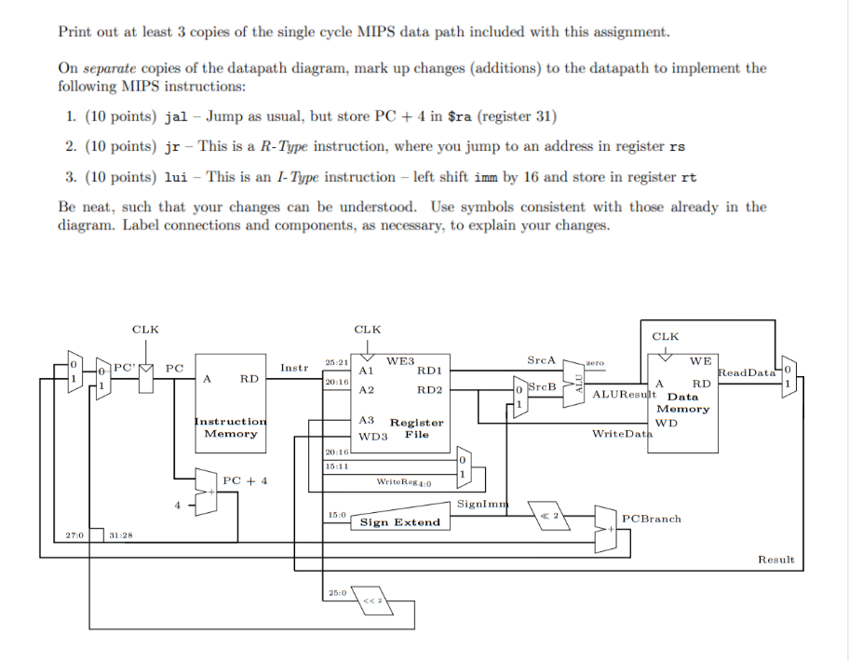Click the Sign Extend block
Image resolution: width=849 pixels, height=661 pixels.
click(399, 522)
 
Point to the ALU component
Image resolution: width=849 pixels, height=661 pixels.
click(576, 384)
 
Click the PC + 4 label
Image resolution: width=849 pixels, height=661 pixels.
click(245, 480)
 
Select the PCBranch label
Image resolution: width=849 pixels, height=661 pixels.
click(651, 519)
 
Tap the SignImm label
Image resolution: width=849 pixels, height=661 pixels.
click(480, 504)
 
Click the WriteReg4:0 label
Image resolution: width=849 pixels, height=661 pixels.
click(402, 482)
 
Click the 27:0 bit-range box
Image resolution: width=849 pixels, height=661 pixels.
click(74, 534)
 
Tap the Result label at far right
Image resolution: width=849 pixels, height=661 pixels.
click(775, 560)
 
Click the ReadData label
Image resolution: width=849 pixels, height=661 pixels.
click(748, 372)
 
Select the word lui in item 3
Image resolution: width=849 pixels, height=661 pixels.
click(176, 176)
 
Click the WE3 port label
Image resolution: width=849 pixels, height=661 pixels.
click(400, 359)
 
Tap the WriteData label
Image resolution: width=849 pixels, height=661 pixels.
click(620, 434)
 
